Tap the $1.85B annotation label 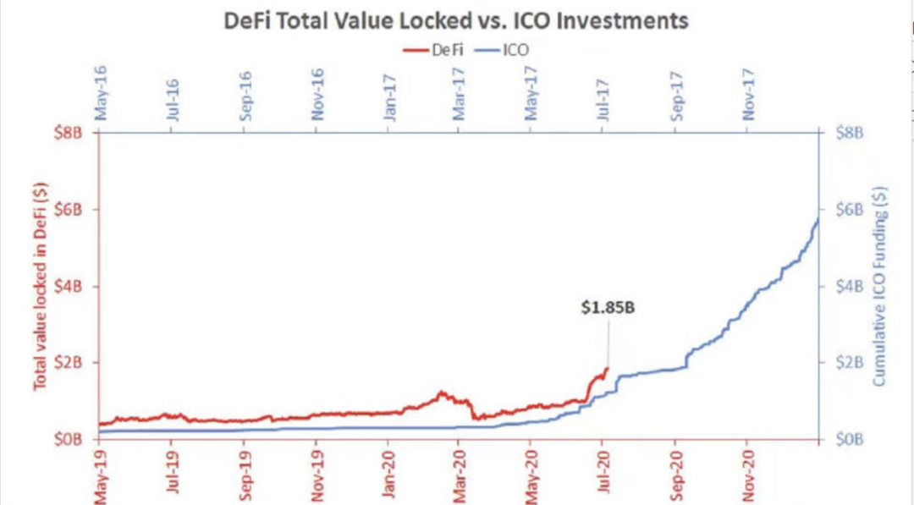(x=608, y=309)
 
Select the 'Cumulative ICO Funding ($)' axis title (x=880, y=286)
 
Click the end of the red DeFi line (x=607, y=368)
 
